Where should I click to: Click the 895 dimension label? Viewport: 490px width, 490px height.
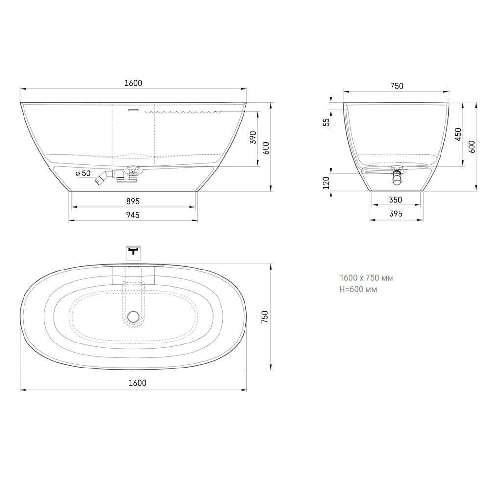click(x=133, y=201)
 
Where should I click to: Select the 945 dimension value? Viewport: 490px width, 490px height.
click(x=133, y=215)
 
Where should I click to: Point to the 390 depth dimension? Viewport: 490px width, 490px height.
click(x=253, y=138)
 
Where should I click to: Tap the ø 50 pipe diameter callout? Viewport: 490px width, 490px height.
click(x=83, y=173)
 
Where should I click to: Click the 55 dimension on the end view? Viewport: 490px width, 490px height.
click(x=326, y=122)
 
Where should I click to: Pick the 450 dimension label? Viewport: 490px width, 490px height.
click(x=458, y=134)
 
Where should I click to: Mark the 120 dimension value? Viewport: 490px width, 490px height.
click(x=326, y=183)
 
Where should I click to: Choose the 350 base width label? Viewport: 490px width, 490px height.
click(x=395, y=200)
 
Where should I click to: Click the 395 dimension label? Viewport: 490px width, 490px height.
click(x=395, y=214)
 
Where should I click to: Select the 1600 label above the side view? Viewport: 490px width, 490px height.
click(x=133, y=83)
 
